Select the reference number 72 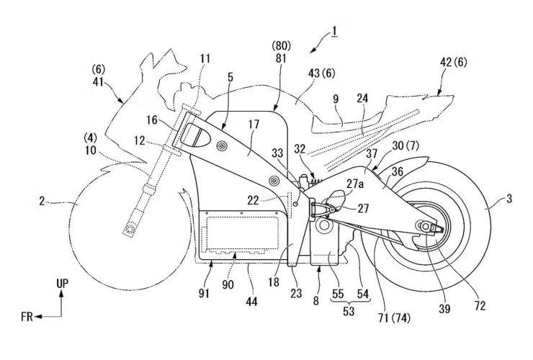480,305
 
